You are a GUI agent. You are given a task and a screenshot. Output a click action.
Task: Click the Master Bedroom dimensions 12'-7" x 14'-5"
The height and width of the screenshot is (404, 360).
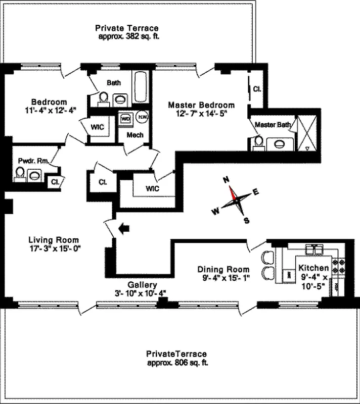201,114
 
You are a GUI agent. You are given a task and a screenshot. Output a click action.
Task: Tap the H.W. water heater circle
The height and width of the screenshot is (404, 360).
142,117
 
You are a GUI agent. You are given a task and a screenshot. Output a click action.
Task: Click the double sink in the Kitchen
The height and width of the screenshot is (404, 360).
316,248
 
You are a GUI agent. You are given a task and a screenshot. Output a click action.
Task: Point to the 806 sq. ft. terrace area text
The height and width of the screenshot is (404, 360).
177,363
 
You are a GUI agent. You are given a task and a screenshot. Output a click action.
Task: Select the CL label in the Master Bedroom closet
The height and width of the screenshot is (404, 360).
257,89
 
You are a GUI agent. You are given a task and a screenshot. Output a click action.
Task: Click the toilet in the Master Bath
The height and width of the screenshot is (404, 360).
257,142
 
